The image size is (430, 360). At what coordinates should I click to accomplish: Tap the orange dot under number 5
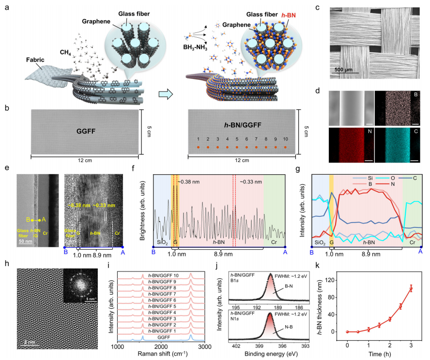tap(237, 146)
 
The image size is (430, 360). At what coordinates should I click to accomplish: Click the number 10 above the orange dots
tap(285, 138)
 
